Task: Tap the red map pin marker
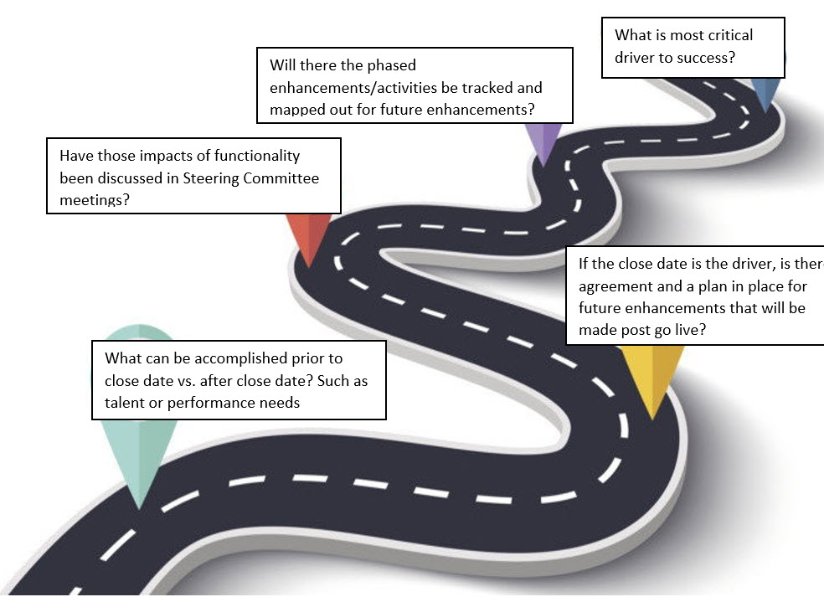point(309,239)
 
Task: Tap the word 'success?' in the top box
point(707,59)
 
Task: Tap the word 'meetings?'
point(95,201)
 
